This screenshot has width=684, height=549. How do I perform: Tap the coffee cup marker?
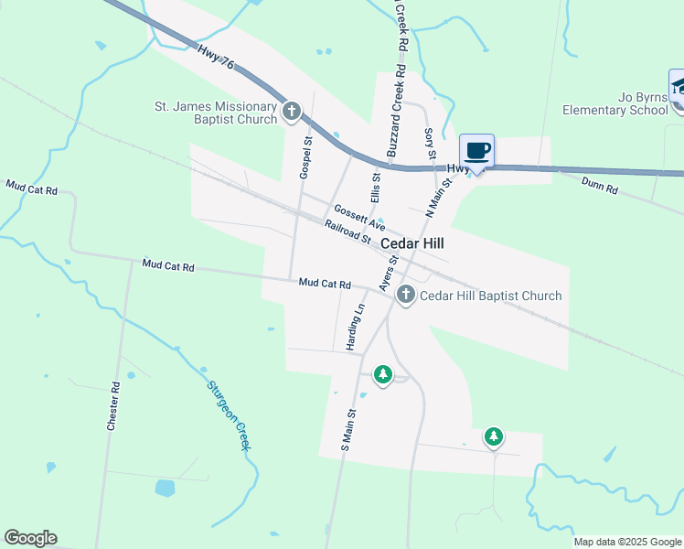click(477, 150)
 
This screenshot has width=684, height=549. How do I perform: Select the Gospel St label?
click(306, 157)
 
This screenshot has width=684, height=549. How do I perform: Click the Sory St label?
click(430, 143)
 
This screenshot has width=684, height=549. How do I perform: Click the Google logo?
click(30, 538)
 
